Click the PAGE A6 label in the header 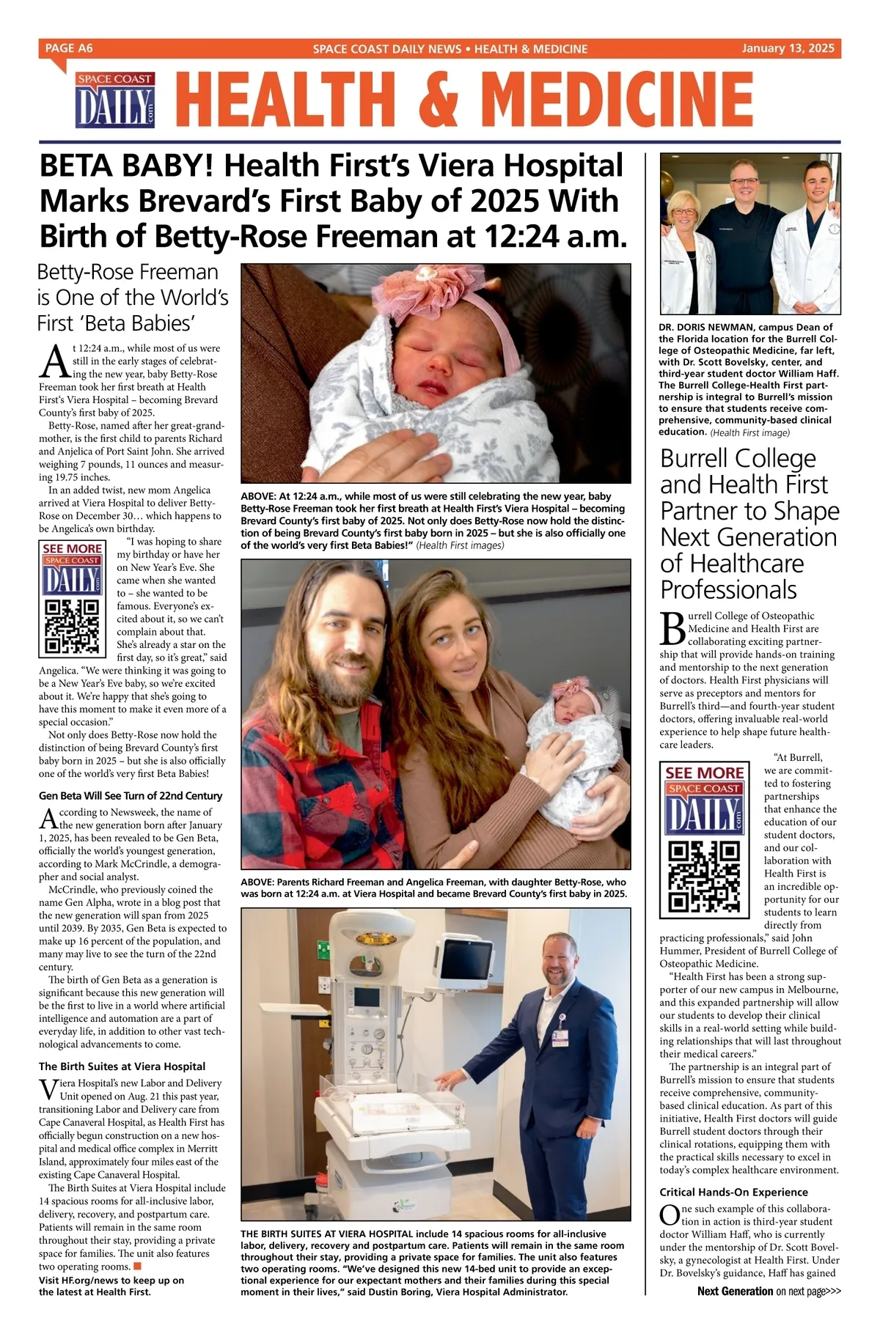tap(69, 48)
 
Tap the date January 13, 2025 tap(788, 48)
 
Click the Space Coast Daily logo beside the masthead tap(115, 100)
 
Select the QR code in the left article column tap(72, 626)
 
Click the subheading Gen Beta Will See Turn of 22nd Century tap(131, 795)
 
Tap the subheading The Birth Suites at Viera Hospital tap(122, 1066)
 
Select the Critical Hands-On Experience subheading tap(733, 1192)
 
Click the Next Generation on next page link tap(769, 1311)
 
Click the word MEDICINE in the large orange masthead tap(620, 101)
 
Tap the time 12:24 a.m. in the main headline tap(554, 236)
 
